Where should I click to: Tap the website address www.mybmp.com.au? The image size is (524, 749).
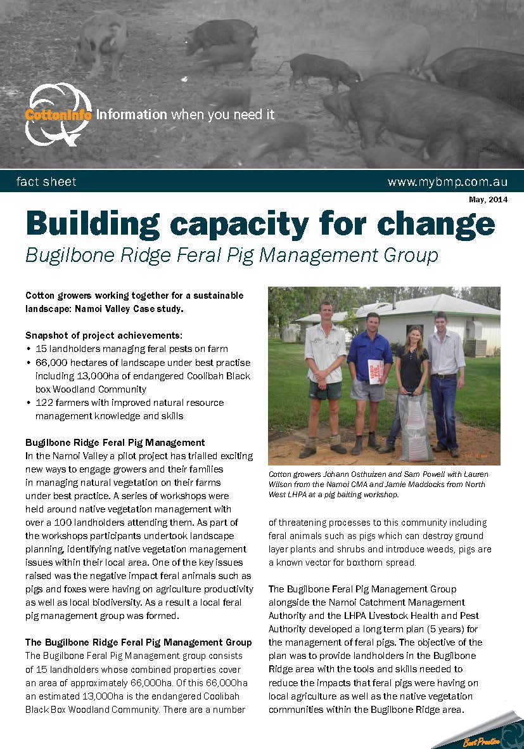[x=447, y=182]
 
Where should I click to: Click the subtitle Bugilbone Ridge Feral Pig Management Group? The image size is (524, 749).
[x=231, y=255]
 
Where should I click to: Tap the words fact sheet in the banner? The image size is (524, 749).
[x=46, y=182]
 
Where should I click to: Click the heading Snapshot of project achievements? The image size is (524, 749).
[x=103, y=335]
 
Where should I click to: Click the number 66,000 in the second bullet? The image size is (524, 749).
[x=53, y=363]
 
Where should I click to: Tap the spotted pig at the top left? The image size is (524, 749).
[x=101, y=41]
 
